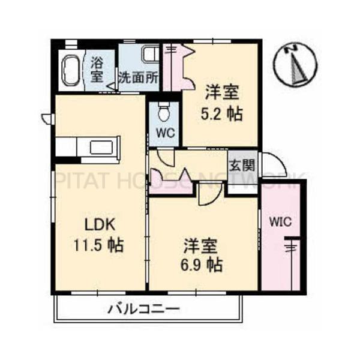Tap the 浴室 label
coord(97,68)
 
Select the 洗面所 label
coord(138,77)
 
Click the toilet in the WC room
coord(164,113)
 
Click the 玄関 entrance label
coord(236,164)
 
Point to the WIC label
coord(280,221)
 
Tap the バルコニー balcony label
coord(144,310)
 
